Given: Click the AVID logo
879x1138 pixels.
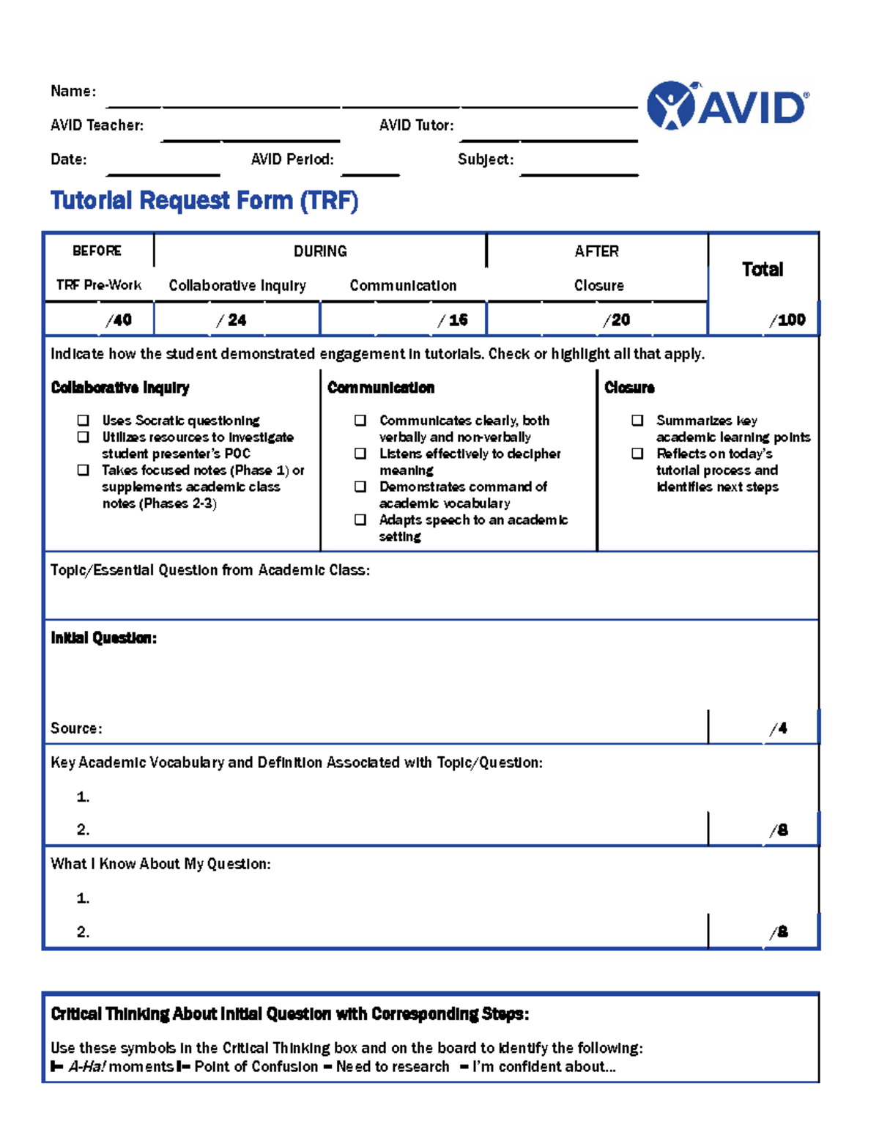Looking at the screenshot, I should (727, 106).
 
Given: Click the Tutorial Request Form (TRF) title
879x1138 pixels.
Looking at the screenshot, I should (204, 201).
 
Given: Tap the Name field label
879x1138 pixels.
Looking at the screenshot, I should (73, 92).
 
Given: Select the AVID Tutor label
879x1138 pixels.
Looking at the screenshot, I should (416, 125).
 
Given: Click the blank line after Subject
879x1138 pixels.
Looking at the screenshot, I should (579, 167).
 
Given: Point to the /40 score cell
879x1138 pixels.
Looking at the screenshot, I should (119, 320).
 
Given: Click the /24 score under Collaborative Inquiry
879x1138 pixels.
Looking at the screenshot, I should (232, 320).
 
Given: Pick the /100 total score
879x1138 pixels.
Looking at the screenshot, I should (787, 320).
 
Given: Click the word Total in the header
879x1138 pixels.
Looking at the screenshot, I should (763, 270).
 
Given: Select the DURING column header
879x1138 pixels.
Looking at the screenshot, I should (320, 251).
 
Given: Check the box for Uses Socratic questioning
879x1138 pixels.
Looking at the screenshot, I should (84, 421).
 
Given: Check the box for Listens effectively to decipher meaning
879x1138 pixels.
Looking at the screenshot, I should (360, 454).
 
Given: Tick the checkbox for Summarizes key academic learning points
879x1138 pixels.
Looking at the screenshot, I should (637, 421).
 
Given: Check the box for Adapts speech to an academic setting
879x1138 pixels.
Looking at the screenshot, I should (360, 520).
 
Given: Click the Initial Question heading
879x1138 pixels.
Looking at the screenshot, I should (103, 638).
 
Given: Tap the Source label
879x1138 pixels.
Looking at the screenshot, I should (76, 728).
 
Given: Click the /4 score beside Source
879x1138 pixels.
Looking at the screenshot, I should (779, 728).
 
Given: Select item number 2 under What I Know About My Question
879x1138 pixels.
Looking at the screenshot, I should (83, 932).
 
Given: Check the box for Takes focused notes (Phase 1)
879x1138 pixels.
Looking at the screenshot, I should (84, 470).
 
